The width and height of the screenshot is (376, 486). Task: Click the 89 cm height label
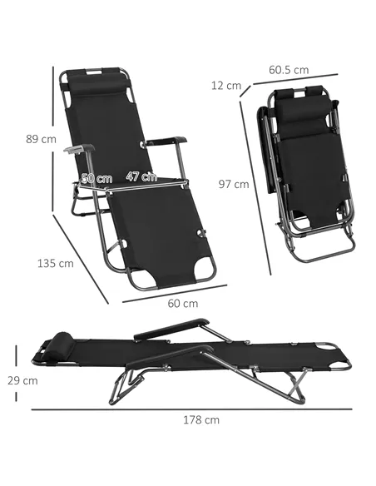click(42, 139)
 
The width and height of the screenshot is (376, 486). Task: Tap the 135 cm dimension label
click(56, 264)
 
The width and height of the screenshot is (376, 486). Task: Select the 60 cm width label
click(183, 303)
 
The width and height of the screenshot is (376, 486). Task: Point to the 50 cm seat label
click(96, 179)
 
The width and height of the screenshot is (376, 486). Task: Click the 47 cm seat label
click(141, 176)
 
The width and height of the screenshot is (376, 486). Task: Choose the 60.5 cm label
click(289, 70)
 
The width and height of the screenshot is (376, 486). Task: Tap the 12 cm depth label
click(226, 85)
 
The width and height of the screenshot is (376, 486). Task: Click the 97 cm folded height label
click(234, 184)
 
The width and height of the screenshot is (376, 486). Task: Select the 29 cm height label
click(22, 380)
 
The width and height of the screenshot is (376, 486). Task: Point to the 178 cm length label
click(201, 420)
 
